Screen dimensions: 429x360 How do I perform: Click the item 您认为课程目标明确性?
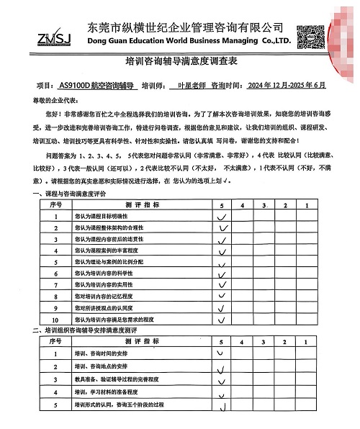tap(105, 216)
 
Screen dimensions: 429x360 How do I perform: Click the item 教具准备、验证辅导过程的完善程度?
tap(118, 379)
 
